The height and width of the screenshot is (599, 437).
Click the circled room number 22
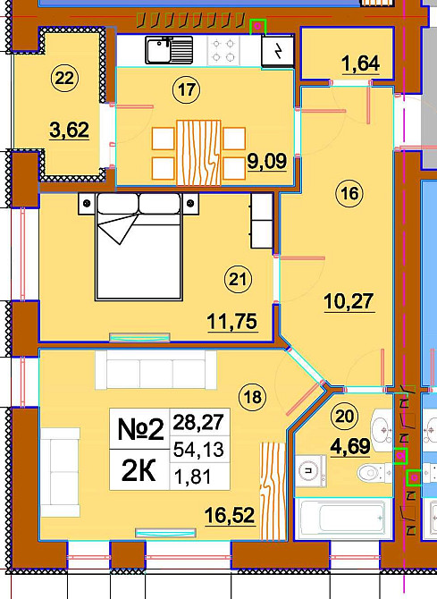pyautogui.click(x=64, y=79)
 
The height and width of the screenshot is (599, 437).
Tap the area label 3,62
pyautogui.click(x=69, y=131)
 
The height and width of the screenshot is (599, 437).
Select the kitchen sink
pyautogui.click(x=169, y=50)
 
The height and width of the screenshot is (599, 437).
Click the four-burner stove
pyautogui.click(x=223, y=51)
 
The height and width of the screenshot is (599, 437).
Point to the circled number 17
pyautogui.click(x=187, y=90)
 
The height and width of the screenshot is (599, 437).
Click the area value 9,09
pyautogui.click(x=266, y=162)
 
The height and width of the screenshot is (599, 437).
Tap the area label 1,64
pyautogui.click(x=361, y=63)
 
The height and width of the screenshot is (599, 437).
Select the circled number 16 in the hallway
pyautogui.click(x=349, y=193)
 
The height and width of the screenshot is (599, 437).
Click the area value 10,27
pyautogui.click(x=349, y=302)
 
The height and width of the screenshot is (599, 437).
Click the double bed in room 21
pyautogui.click(x=139, y=247)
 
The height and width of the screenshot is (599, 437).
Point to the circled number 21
pyautogui.click(x=238, y=279)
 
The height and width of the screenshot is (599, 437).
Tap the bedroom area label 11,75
pyautogui.click(x=232, y=322)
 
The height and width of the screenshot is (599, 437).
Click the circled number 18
pyautogui.click(x=253, y=397)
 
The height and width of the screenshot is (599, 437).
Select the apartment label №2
pyautogui.click(x=140, y=429)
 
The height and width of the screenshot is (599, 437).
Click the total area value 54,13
pyautogui.click(x=198, y=449)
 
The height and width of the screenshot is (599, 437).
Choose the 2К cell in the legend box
pyautogui.click(x=139, y=471)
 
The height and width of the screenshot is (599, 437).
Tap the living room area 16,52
pyautogui.click(x=230, y=516)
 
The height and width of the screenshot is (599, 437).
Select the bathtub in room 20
pyautogui.click(x=342, y=519)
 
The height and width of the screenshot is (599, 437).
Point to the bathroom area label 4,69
pyautogui.click(x=350, y=446)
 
